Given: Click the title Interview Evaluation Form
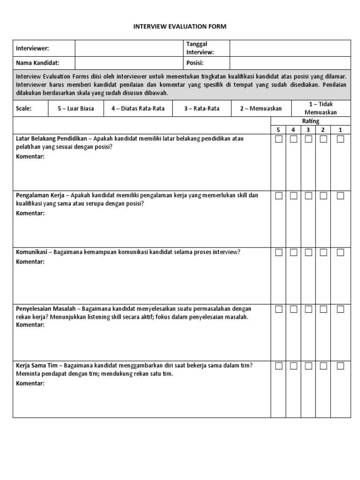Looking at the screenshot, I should coord(180,27).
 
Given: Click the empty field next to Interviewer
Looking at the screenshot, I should coord(129,48).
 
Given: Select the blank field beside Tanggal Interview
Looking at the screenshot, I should coord(290,48).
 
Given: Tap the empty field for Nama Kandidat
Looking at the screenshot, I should coord(129,63).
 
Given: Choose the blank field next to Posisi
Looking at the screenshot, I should coord(290,63).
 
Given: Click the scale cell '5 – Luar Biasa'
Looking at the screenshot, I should coord(76,108).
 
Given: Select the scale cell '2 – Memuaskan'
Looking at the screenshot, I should coord(261,108).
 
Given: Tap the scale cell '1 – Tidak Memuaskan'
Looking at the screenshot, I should coord(321,108).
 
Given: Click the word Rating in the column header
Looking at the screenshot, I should coord(311,121).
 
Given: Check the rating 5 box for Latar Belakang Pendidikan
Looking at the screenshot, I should coord(279,139).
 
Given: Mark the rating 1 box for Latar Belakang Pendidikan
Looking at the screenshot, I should coord(340,139).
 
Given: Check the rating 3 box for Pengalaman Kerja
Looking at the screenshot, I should coord(309,196).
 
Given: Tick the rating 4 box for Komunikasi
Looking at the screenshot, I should coord(294,253).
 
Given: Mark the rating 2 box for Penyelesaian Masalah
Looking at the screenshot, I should coord(324,309).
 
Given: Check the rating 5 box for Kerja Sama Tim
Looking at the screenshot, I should coord(279,366).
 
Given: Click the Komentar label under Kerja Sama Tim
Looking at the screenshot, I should coord(30,383).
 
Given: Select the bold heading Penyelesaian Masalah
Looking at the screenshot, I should coord(45,308).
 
